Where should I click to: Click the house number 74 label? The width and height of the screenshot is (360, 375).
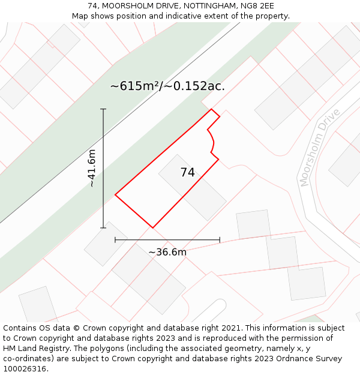[187, 172]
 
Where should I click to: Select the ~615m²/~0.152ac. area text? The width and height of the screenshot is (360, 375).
[167, 86]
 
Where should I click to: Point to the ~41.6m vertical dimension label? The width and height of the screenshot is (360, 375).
[92, 169]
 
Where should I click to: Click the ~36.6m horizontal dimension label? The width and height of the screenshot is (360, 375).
[167, 252]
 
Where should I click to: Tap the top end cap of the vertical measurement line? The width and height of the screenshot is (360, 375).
[103, 109]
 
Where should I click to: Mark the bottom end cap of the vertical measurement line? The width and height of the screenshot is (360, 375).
[103, 227]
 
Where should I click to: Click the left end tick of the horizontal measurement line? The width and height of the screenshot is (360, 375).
[115, 239]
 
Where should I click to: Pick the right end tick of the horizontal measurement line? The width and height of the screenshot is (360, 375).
[220, 239]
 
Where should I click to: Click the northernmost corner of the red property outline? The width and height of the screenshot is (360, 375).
[211, 109]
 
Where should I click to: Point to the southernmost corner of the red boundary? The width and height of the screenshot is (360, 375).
[152, 227]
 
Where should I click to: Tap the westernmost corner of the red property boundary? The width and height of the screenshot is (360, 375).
[115, 194]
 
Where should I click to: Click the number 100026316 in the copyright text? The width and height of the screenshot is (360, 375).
[24, 369]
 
